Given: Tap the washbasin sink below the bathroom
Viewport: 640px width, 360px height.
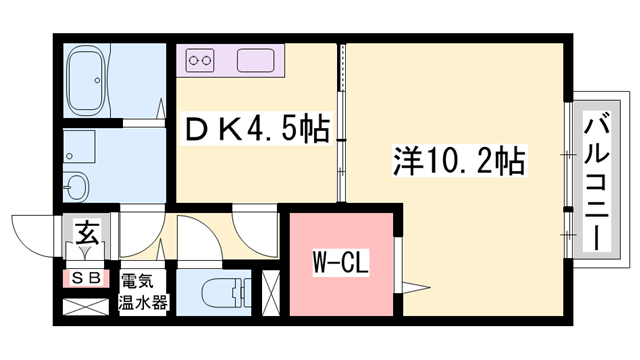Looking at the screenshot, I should [76, 186].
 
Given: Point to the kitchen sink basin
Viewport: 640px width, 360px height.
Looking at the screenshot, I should [255, 62].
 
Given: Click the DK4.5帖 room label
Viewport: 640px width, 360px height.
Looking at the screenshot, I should [254, 130].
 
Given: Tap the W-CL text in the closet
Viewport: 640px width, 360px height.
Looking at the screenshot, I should [342, 264].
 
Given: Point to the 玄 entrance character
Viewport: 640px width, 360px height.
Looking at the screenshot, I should [86, 237].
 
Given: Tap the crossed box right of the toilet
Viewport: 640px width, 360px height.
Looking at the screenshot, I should [272, 293].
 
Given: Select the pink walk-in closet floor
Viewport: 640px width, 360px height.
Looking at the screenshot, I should [342, 240].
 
